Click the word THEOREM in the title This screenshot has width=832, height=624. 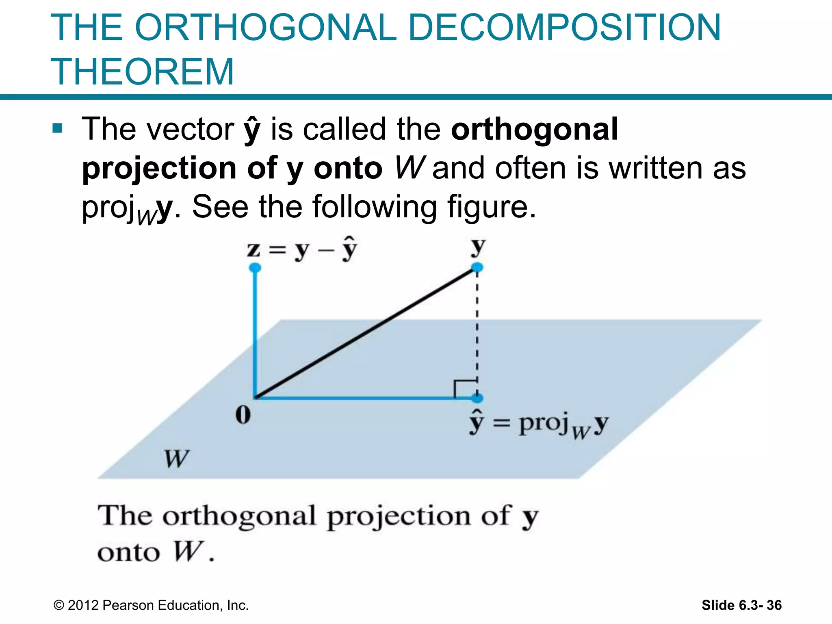coord(142,72)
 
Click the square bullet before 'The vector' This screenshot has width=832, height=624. coord(57,129)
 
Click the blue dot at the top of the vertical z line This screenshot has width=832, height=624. coord(255,268)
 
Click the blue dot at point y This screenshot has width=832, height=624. coord(477,267)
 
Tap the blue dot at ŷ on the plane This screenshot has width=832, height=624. coord(477,398)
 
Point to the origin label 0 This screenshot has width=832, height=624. coord(243,415)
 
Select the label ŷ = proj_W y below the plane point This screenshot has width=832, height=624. coord(539,425)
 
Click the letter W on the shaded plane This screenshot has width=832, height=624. coord(176,459)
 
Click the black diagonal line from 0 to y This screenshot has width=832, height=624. coord(366,333)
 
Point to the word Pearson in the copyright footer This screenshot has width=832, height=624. coord(128,605)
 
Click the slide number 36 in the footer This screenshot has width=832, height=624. coord(774,605)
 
